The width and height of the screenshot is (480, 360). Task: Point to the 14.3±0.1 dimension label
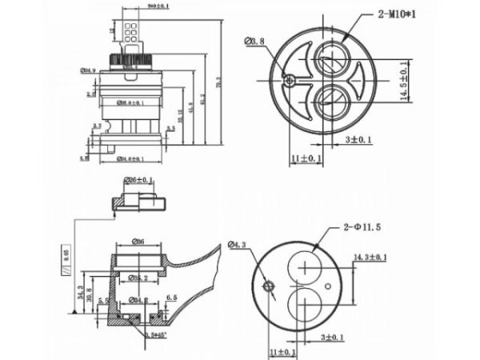[x=370, y=257]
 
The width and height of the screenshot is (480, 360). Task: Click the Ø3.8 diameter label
[x=254, y=41]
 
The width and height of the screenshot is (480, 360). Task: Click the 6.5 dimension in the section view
[x=172, y=297]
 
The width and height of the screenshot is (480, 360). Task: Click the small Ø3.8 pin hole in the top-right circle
[x=288, y=79]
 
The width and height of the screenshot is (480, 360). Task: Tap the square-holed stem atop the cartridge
[x=133, y=32]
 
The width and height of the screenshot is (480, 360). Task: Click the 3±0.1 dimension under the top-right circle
[x=354, y=140]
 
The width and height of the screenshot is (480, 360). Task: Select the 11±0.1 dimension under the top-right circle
[x=306, y=158]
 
